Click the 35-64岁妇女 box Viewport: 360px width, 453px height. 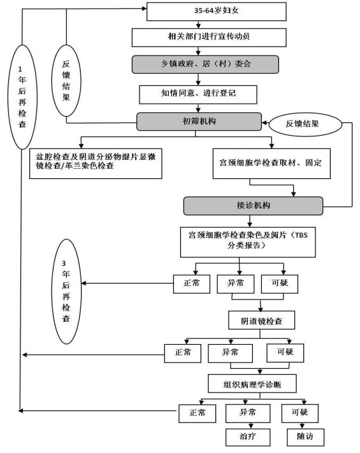[x=217, y=11]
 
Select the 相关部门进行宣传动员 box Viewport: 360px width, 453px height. [x=209, y=37]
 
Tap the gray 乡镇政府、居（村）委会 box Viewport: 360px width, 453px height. [x=205, y=64]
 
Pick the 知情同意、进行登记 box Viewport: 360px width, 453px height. [x=198, y=94]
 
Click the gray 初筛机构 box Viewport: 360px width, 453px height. [x=199, y=122]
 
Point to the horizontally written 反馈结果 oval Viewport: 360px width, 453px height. [x=305, y=124]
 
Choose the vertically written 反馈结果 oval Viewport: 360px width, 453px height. [x=66, y=81]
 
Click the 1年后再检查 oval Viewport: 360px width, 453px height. [x=22, y=97]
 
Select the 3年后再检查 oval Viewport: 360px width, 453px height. [x=66, y=291]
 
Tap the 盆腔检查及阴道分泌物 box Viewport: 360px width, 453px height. [x=96, y=164]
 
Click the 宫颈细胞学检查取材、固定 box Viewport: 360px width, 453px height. [x=271, y=164]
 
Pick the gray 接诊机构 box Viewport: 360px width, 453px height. [x=253, y=206]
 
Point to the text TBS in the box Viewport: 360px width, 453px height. [x=301, y=235]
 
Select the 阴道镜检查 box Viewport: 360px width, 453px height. [x=261, y=320]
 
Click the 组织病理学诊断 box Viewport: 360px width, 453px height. [x=252, y=384]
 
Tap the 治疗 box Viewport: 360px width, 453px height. [x=248, y=437]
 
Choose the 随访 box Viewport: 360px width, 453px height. [x=305, y=437]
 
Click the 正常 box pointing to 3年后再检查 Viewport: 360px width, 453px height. [x=192, y=284]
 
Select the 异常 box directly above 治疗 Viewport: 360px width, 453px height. [x=248, y=413]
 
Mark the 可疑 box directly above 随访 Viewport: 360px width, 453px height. [x=300, y=413]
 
